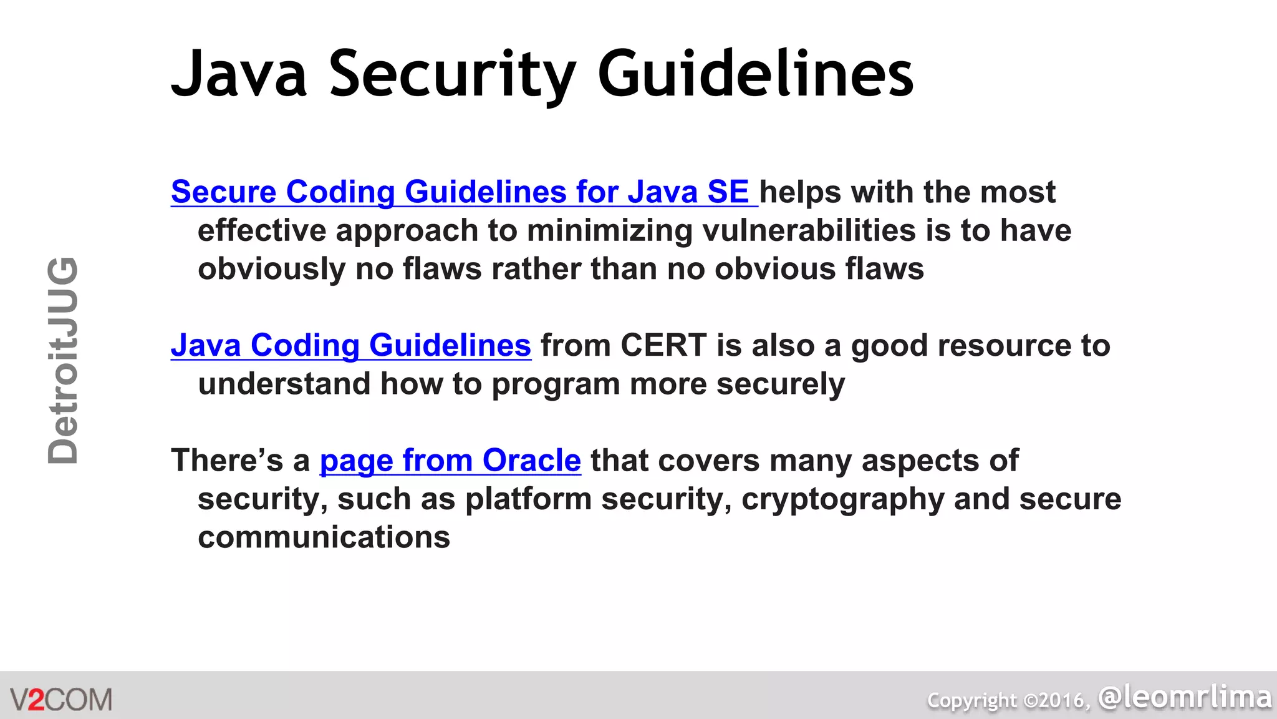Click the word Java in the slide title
239,74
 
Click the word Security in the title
452,74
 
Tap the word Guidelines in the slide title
755,74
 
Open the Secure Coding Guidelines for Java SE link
460,192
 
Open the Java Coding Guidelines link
351,345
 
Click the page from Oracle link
450,461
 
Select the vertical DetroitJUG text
63,361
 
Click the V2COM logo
61,699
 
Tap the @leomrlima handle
1185,697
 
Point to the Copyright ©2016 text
1008,700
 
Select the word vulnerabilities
809,230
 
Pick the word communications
324,537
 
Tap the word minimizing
609,230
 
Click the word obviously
271,269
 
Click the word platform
528,499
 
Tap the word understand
284,384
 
